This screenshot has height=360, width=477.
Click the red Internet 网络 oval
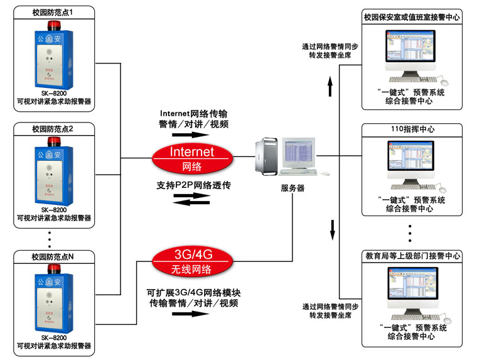click(x=192, y=158)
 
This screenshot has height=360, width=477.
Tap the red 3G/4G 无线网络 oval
click(x=192, y=262)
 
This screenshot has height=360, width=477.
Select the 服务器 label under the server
click(x=292, y=188)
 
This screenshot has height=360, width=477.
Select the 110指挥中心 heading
click(x=412, y=129)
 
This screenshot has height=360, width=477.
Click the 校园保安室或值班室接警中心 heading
click(x=412, y=18)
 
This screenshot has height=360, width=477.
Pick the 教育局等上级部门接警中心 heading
click(x=412, y=256)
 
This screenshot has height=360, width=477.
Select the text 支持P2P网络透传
click(x=193, y=186)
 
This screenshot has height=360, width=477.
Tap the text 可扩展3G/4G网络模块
click(x=194, y=292)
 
